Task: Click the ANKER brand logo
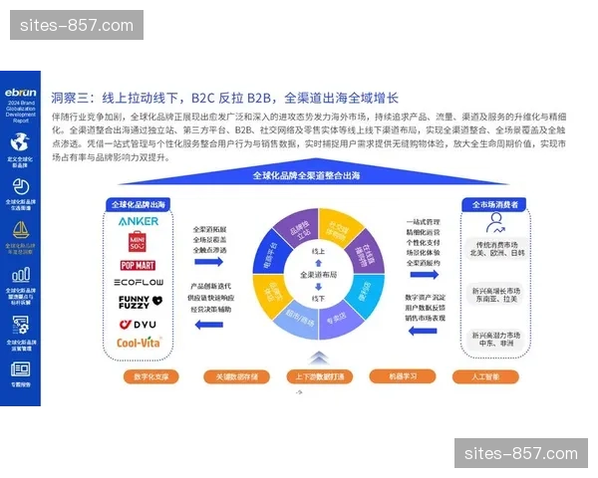(x=138, y=221)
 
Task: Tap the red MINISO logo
(x=139, y=241)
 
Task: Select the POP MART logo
(x=139, y=264)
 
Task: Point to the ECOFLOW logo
(x=139, y=283)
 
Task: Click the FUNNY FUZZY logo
(x=138, y=303)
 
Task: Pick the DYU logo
(x=139, y=324)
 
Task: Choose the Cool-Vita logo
(x=139, y=343)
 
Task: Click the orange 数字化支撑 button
(x=150, y=376)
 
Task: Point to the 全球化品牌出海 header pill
(x=139, y=204)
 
